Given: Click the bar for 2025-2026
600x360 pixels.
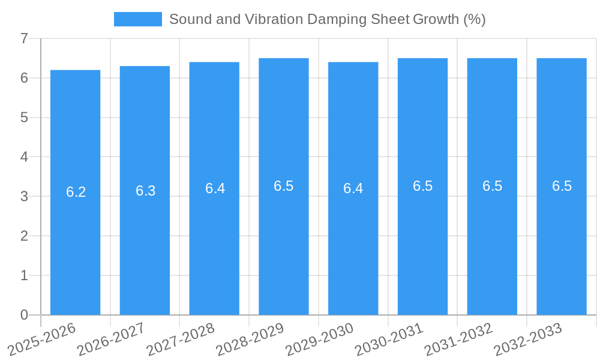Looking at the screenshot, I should point(75,240).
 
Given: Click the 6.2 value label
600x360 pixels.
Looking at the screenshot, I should point(76,192).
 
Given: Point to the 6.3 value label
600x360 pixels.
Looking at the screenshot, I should point(145,191).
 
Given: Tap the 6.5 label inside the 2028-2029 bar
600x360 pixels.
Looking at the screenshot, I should point(284,186).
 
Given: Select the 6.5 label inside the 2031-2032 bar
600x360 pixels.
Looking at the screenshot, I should point(492,186).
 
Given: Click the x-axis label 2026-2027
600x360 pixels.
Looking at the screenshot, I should point(111,340).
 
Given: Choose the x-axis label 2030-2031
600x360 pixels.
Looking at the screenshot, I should point(389,340).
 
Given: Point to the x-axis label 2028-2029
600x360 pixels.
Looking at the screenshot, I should point(250,340).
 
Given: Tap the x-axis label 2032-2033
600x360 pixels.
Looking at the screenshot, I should point(528,340).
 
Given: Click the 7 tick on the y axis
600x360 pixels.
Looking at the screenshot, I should point(24,39).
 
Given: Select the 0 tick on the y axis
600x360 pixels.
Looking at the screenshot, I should point(24,315).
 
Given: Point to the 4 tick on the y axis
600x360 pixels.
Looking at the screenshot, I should point(24,157).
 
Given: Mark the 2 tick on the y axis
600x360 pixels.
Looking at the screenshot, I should point(24,236).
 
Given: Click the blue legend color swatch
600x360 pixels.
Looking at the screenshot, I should point(137,19).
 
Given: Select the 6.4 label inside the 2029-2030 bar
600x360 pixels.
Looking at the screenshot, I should point(353,188).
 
